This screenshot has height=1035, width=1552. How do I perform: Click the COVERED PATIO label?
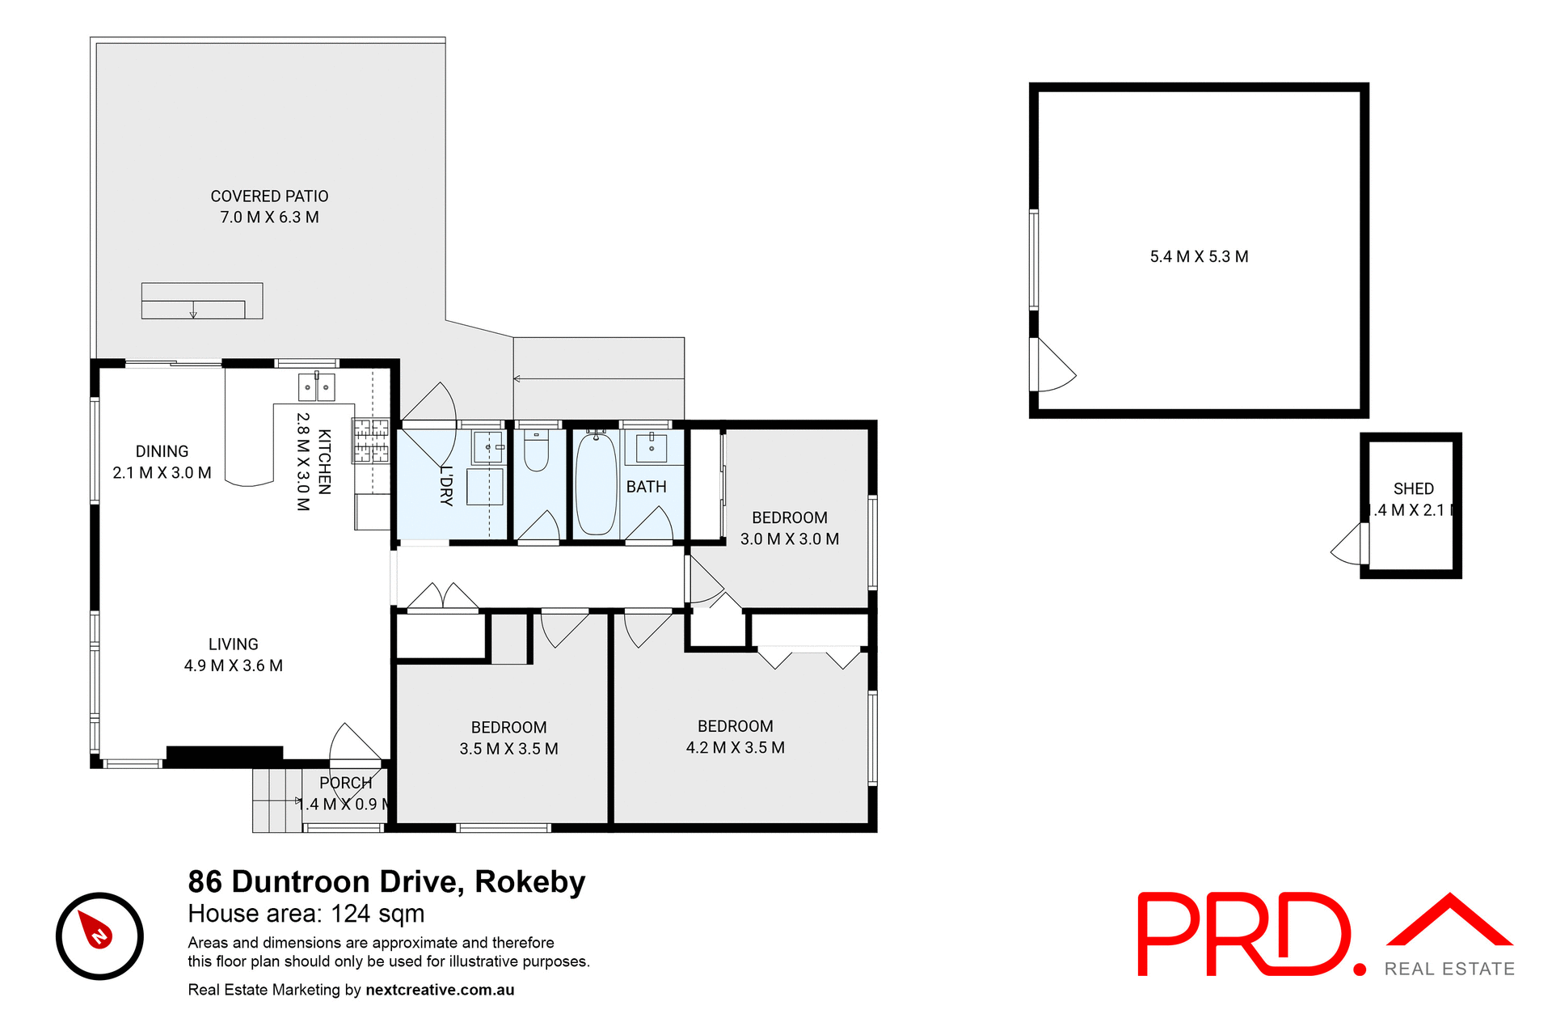tap(269, 196)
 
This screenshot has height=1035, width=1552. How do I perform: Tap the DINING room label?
tap(162, 451)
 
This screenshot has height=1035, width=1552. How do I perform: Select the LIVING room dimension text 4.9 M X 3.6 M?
tap(233, 665)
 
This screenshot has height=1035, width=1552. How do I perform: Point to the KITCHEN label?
tap(324, 462)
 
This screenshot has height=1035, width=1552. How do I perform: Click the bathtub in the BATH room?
tap(597, 484)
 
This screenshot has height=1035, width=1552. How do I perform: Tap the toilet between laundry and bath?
tap(536, 452)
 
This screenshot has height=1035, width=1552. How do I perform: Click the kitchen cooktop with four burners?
tap(371, 441)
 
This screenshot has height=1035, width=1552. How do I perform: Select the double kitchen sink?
tap(316, 388)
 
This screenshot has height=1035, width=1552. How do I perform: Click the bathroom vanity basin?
tap(652, 446)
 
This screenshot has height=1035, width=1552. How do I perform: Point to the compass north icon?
tap(99, 936)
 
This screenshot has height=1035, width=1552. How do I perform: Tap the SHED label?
tap(1413, 489)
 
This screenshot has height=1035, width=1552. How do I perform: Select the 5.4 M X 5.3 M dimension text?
tap(1199, 256)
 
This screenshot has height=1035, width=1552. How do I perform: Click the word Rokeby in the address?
tap(529, 881)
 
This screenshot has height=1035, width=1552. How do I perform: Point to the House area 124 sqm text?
tap(306, 914)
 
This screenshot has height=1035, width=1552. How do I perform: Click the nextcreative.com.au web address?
tap(440, 990)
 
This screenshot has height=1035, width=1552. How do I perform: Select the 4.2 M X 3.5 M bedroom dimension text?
tap(735, 748)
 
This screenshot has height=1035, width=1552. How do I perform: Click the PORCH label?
tap(345, 783)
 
